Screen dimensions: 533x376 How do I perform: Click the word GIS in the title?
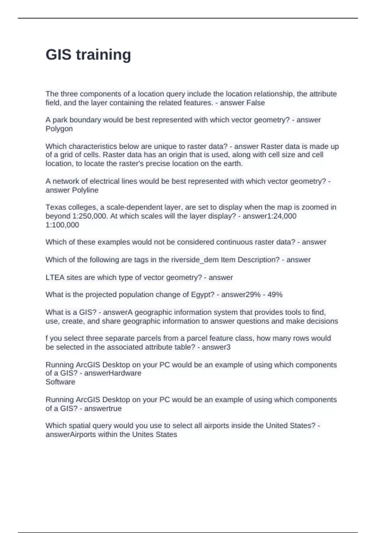point(58,55)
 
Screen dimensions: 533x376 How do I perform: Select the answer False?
point(255,103)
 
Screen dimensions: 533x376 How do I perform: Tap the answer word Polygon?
point(59,129)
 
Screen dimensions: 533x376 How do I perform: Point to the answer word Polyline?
point(85,190)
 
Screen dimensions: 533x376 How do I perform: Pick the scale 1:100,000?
point(62,225)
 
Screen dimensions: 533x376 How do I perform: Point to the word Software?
point(60,382)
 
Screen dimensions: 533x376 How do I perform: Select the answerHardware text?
point(113,373)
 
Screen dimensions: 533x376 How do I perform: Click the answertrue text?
point(103,409)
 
